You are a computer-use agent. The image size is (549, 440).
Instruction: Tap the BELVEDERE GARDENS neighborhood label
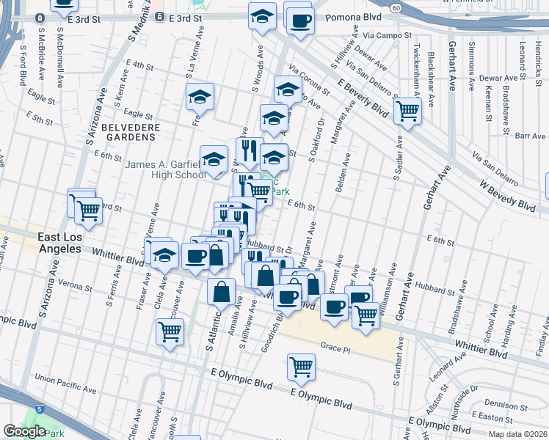click(130, 127)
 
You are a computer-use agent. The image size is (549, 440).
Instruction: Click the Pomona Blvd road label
click(349, 15)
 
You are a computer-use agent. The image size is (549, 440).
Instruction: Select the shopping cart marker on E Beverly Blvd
click(407, 111)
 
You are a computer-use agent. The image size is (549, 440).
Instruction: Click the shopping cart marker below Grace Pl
click(301, 365)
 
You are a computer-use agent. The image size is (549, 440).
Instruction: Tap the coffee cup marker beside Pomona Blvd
click(299, 21)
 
